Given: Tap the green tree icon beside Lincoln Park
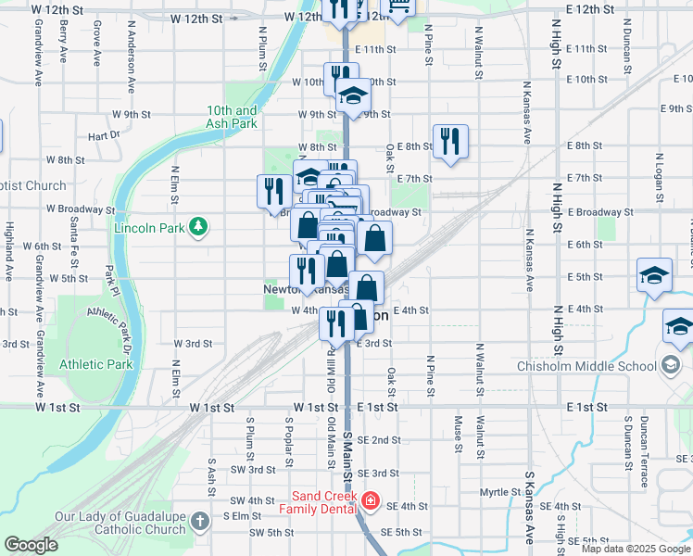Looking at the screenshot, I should (196, 226).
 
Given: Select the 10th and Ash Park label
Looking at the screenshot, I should (232, 116).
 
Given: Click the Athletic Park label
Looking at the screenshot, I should (96, 364).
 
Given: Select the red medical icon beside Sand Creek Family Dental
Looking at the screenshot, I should (371, 501).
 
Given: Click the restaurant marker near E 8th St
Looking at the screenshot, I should (450, 142).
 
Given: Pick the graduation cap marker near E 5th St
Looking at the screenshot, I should (654, 276).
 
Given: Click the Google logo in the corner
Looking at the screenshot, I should (31, 545).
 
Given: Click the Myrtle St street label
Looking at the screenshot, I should (497, 492).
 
